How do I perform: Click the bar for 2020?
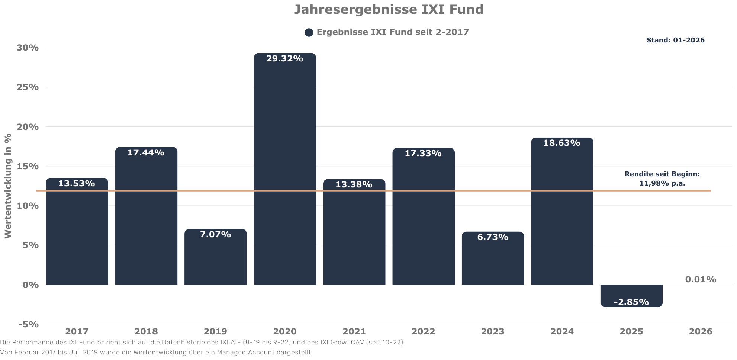pos(285,171)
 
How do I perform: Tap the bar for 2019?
pos(216,260)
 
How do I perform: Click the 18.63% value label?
pos(561,143)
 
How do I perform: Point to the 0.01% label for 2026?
pos(701,279)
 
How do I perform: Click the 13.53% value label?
pos(77,183)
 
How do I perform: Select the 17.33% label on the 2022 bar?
pos(423,153)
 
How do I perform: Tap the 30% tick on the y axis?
pos(28,48)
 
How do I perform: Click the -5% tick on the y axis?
pos(29,324)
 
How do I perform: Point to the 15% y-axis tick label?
pos(28,166)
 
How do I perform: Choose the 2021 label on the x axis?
pos(354,331)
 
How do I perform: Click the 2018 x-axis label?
pos(146,331)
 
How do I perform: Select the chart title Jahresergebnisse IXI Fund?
pos(389,9)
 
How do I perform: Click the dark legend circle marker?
pos(309,33)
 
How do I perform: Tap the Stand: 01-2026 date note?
pos(675,40)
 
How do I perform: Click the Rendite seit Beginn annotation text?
pos(662,179)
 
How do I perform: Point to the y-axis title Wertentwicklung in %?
pos(8,186)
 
